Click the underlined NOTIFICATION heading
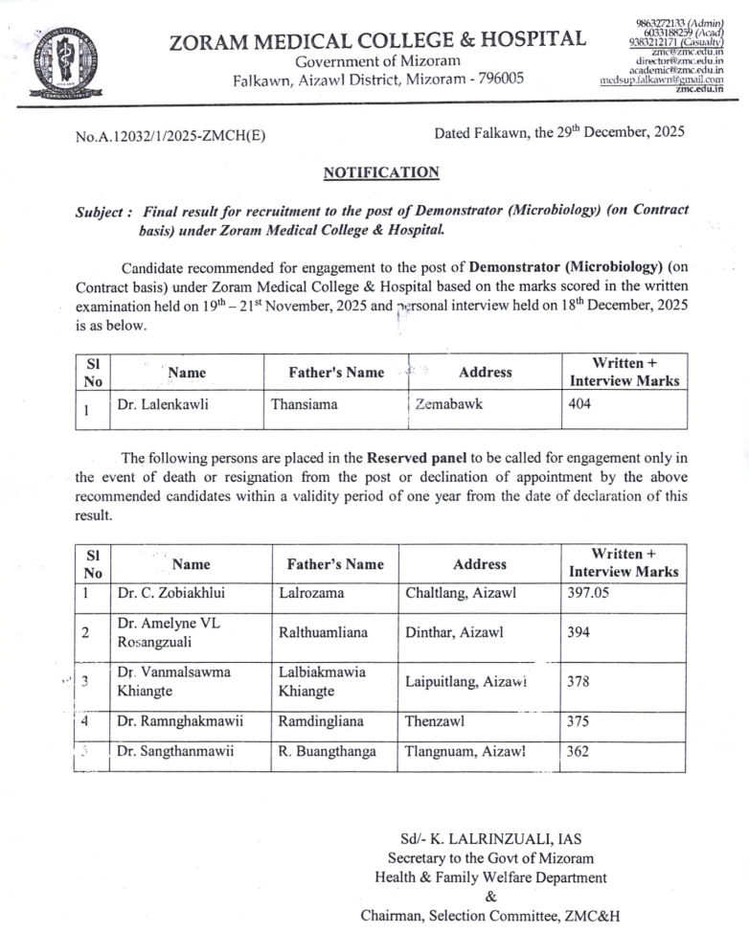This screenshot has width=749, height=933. tap(381, 172)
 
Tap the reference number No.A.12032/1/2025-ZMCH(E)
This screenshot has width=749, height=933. tap(170, 136)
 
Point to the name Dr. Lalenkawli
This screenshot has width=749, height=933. tap(163, 404)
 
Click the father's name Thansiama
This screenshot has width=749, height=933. tap(304, 404)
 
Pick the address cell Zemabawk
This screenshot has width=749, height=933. tap(449, 404)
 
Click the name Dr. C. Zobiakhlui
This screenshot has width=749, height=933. tap(171, 593)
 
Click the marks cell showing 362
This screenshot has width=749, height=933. tap(578, 752)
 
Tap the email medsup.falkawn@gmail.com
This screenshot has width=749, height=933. tap(661, 80)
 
